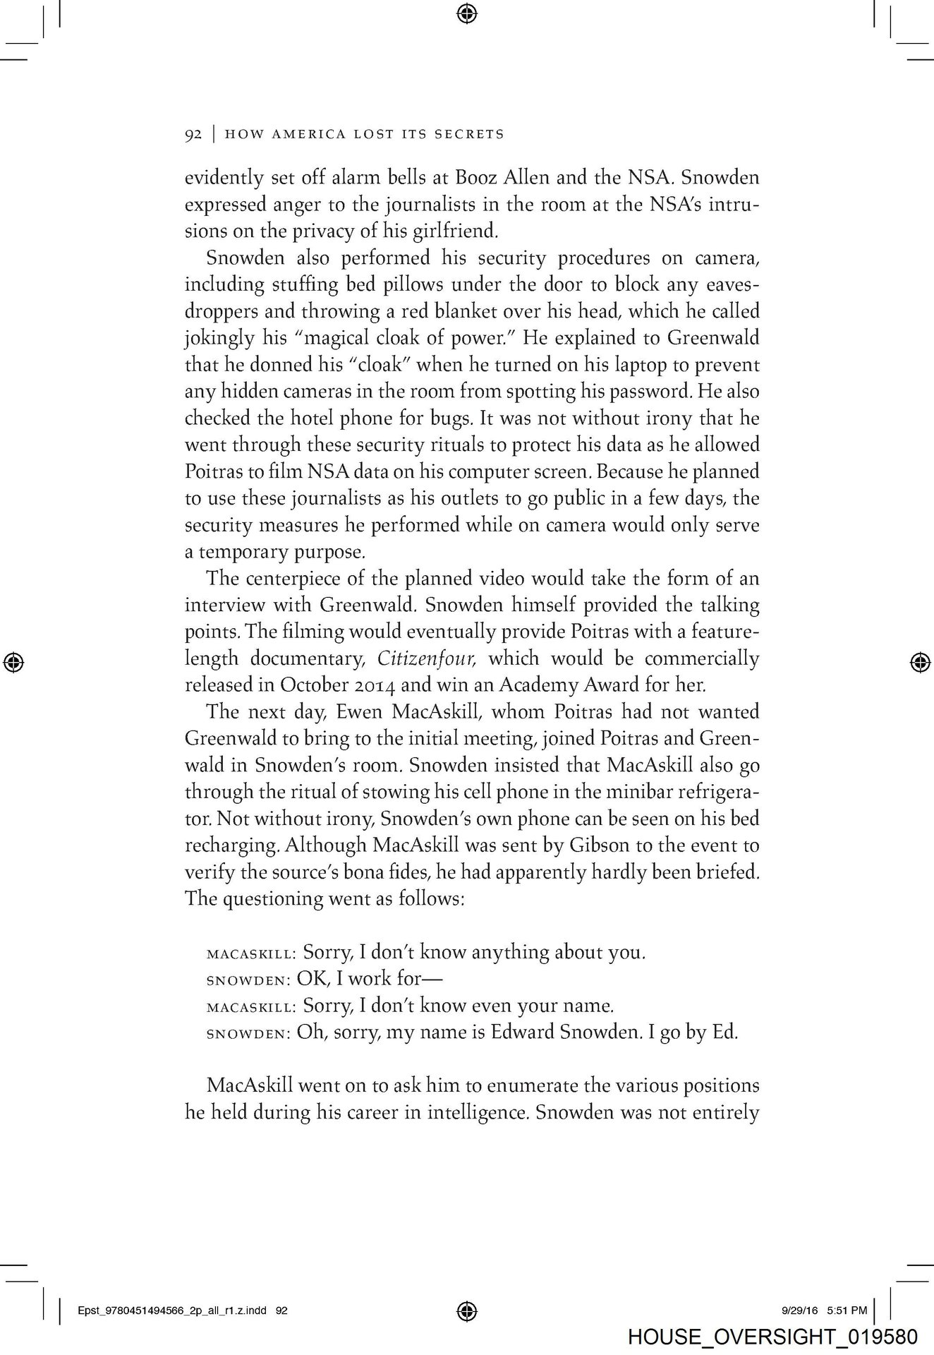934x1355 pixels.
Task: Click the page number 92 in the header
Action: click(x=193, y=134)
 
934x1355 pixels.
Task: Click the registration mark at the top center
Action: click(x=467, y=13)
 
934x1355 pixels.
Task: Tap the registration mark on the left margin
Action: click(x=15, y=662)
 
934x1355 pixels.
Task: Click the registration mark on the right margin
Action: click(x=918, y=662)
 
